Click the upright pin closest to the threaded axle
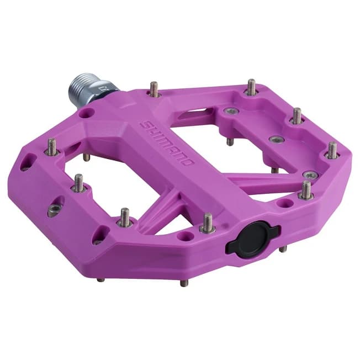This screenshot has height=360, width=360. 154,89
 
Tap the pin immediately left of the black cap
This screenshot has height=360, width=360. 208,223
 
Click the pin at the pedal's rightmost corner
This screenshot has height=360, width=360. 332,150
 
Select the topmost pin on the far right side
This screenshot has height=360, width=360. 251,87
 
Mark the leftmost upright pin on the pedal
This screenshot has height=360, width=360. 51,147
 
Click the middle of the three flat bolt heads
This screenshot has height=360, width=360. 274,139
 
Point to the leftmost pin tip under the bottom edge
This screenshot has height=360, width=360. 100,279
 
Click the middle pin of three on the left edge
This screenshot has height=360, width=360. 80,183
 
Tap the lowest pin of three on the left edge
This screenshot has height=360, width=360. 125,217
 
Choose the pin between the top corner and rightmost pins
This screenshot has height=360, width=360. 297,115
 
